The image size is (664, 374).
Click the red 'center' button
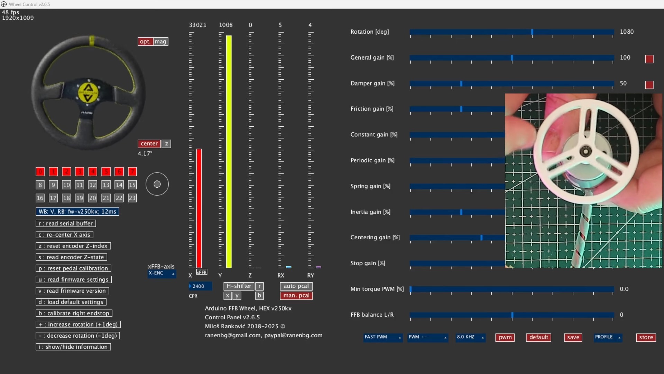(149, 144)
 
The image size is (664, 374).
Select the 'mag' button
(160, 42)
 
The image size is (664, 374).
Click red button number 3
(80, 172)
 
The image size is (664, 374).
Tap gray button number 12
(93, 185)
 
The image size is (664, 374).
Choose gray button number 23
(132, 198)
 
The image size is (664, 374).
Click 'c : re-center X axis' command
(64, 235)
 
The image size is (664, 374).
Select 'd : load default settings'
(71, 302)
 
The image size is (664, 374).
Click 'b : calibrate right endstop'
(74, 313)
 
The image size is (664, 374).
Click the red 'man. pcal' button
(296, 296)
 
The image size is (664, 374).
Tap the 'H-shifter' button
(239, 286)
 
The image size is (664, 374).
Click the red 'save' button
(573, 337)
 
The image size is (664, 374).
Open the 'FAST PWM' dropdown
(382, 337)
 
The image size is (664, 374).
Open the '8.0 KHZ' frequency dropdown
(470, 337)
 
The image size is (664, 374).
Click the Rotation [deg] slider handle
(532, 32)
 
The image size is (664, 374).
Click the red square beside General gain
(649, 59)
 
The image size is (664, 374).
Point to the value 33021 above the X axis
(197, 25)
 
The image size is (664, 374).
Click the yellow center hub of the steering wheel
(88, 92)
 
